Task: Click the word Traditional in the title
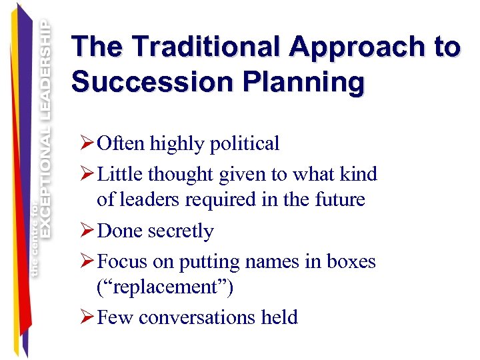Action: pyautogui.click(x=207, y=47)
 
